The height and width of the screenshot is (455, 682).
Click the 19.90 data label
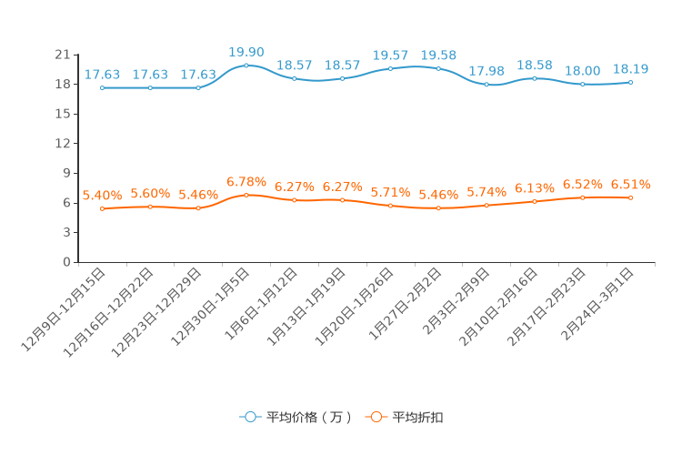(246, 52)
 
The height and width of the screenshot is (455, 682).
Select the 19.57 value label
(390, 56)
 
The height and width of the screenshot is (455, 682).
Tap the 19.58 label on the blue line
(438, 56)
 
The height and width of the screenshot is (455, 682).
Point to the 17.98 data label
(486, 70)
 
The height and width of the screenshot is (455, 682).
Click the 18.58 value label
(535, 66)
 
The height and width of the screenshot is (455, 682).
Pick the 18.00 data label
(582, 70)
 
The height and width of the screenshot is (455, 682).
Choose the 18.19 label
(630, 68)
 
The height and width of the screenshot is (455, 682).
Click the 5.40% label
(102, 196)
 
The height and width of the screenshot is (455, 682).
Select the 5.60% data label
(150, 194)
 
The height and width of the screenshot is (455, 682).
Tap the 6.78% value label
(246, 182)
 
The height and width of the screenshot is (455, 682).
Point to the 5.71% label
(390, 193)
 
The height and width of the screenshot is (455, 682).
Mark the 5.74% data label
(486, 192)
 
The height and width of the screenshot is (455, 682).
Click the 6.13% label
(535, 188)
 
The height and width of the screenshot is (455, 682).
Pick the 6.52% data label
(582, 185)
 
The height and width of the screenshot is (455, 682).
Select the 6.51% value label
(630, 185)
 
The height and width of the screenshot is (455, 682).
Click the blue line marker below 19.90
(246, 66)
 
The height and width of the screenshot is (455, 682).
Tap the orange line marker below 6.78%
(246, 195)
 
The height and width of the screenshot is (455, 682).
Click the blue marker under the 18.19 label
(630, 83)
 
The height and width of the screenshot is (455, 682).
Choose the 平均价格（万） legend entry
(296, 418)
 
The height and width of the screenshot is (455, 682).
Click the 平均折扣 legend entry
(406, 418)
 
